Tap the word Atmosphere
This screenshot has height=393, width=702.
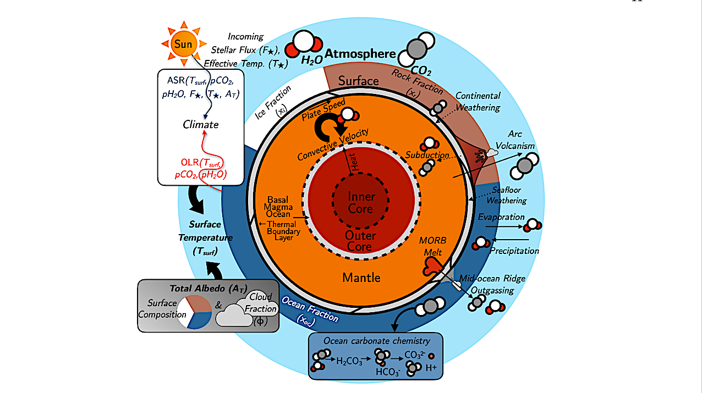(360, 54)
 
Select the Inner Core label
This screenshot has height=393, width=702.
(361, 203)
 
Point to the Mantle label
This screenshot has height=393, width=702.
(361, 277)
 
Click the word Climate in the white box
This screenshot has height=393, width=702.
(201, 124)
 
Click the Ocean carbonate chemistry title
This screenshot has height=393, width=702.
(377, 341)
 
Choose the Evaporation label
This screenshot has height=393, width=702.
(501, 217)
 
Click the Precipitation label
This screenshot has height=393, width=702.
(515, 251)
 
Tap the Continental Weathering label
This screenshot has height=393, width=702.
(478, 101)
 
